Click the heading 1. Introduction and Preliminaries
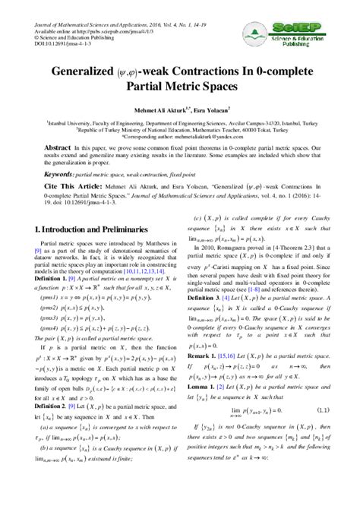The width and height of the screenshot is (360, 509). point(91,228)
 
